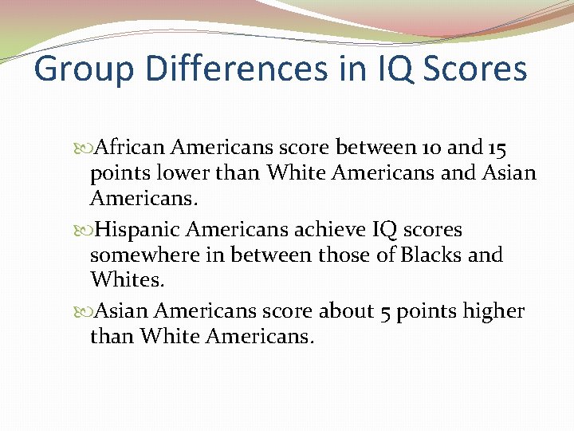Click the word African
point(128,148)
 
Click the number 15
point(495,148)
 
